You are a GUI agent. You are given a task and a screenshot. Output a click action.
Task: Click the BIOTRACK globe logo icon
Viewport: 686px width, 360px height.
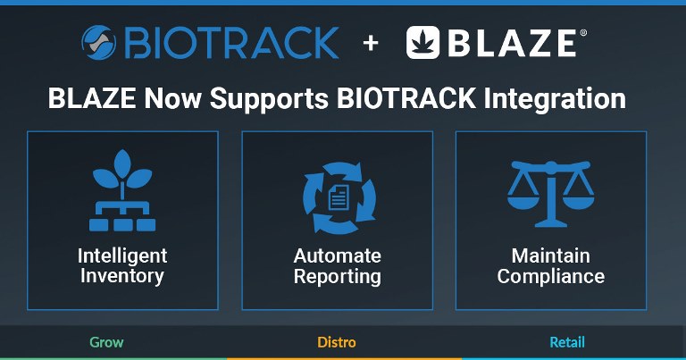pos(99,42)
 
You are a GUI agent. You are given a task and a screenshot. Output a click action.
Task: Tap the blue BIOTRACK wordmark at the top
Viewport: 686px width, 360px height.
pos(232,42)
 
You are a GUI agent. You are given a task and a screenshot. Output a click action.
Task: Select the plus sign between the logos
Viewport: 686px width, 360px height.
pos(371,43)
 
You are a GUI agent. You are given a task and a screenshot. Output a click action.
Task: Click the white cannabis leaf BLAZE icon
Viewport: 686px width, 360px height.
pos(422,42)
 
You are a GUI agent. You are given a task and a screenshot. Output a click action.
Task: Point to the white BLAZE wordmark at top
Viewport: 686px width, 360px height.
pos(513,43)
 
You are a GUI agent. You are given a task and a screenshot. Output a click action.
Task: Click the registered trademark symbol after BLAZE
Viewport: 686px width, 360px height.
pos(583,33)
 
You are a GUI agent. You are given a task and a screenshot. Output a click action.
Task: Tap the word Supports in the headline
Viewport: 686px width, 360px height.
pos(269,99)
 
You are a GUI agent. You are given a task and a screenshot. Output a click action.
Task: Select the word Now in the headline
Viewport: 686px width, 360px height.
pos(172,98)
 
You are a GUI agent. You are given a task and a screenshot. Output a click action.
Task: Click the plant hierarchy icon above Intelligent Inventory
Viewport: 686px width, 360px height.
pos(122,190)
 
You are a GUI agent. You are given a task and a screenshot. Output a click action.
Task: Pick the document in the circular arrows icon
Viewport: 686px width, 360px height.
pos(339,197)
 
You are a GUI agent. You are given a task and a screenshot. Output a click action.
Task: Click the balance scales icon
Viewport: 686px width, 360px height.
pos(551,194)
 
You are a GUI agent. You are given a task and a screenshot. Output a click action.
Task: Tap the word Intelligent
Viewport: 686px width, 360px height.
pos(122,256)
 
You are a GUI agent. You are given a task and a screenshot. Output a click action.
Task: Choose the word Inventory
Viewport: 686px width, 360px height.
pos(122,276)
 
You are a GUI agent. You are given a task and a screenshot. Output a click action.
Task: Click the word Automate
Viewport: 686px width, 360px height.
pos(338,255)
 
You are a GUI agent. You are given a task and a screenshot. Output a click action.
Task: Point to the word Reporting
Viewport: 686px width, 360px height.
pos(338,276)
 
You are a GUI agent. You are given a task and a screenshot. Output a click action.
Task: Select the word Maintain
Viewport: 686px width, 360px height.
pos(551,255)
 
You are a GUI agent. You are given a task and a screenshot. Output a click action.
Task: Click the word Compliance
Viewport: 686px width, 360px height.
pos(551,276)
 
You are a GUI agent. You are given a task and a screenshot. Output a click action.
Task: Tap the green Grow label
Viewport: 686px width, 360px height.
pos(107,342)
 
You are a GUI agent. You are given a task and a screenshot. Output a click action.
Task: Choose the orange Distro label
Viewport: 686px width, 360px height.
pos(337,342)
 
